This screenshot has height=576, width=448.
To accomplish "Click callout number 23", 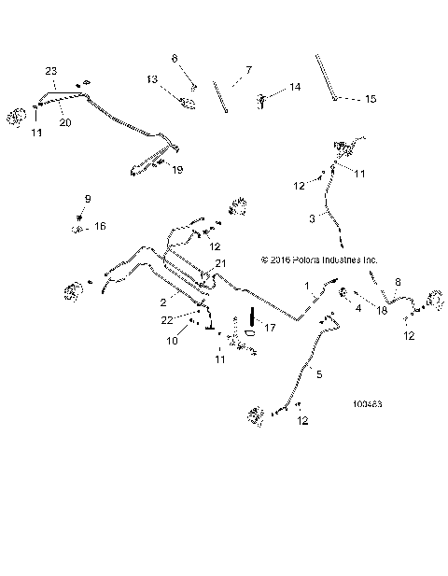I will [52, 72].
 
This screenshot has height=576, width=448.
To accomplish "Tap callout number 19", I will [177, 170].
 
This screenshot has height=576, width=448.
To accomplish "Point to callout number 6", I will [174, 59].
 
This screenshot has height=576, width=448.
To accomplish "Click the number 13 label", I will [152, 79].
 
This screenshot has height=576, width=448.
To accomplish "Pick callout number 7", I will [249, 70].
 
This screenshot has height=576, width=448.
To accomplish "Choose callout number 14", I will [295, 87].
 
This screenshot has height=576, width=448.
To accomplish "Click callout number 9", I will [88, 199].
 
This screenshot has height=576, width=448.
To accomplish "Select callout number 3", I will [312, 218].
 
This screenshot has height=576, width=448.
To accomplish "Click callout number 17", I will [271, 327].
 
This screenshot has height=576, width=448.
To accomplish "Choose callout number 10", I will [171, 341].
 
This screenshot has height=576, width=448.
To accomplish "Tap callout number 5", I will [319, 374].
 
